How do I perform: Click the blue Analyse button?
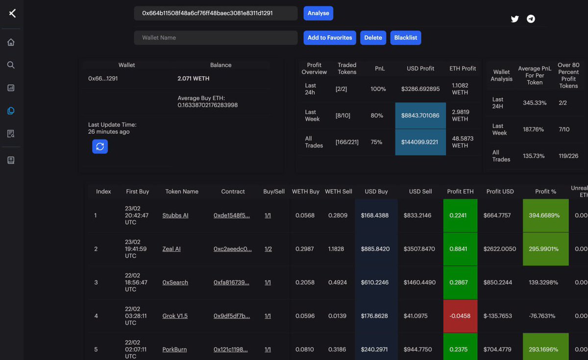tap(318, 13)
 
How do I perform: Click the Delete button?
tap(372, 38)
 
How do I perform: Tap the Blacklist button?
tap(405, 38)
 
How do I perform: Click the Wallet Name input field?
tap(216, 38)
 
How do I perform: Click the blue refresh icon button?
tap(100, 146)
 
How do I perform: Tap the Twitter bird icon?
tap(514, 19)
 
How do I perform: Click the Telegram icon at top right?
tap(531, 19)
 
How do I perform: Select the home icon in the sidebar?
tap(11, 42)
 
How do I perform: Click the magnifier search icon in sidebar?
tap(11, 65)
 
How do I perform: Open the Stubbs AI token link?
tap(175, 216)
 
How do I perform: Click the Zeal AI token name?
tap(171, 249)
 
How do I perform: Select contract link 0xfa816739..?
tap(231, 283)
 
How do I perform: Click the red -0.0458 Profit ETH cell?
tap(460, 316)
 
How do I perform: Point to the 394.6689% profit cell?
tap(545, 216)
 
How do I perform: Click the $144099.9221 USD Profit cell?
tap(420, 142)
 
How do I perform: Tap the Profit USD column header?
tap(500, 192)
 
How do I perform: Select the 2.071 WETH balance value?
tap(194, 78)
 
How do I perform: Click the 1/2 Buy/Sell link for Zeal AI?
tap(268, 249)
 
